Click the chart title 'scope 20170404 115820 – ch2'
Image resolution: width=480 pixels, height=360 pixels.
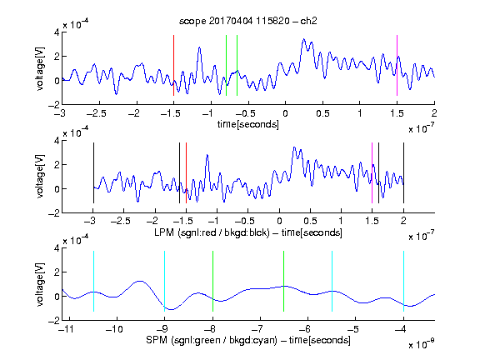click(x=248, y=21)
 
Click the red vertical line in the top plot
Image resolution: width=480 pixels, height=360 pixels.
click(x=173, y=66)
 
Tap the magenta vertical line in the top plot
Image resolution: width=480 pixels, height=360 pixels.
click(x=397, y=66)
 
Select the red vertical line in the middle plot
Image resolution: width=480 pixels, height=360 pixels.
click(x=186, y=173)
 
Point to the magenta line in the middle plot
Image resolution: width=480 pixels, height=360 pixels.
click(x=372, y=173)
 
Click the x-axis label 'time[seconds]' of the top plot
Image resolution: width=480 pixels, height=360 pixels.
click(x=248, y=124)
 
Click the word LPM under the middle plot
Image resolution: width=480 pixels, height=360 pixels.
click(x=164, y=232)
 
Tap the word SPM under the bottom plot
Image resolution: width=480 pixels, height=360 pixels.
click(x=157, y=340)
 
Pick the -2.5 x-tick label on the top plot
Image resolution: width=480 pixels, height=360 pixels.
click(x=97, y=113)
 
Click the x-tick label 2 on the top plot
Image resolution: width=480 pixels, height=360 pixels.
click(x=434, y=113)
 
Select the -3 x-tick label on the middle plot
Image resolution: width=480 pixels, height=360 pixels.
click(x=90, y=221)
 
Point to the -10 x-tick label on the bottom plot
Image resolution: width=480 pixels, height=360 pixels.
click(x=114, y=329)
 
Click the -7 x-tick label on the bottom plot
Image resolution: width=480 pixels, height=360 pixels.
click(x=257, y=329)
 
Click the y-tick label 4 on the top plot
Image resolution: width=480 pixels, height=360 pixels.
click(x=57, y=32)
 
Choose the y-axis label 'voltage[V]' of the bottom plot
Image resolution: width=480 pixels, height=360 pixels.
click(x=40, y=284)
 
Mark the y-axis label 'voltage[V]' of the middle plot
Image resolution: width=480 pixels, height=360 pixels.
click(x=40, y=177)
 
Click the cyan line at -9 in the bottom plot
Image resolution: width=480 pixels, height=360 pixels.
click(x=164, y=281)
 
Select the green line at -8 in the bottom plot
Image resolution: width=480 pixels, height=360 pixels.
click(x=212, y=281)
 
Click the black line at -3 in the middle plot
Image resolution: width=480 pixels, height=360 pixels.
click(x=93, y=173)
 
